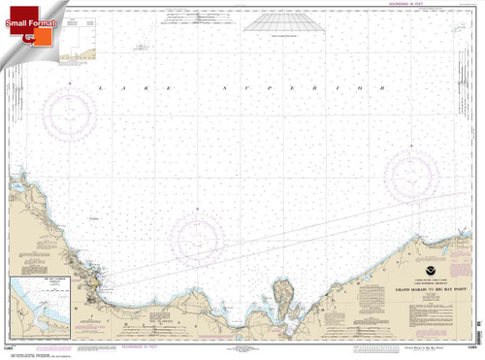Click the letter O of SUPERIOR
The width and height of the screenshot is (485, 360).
pos(366,88)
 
